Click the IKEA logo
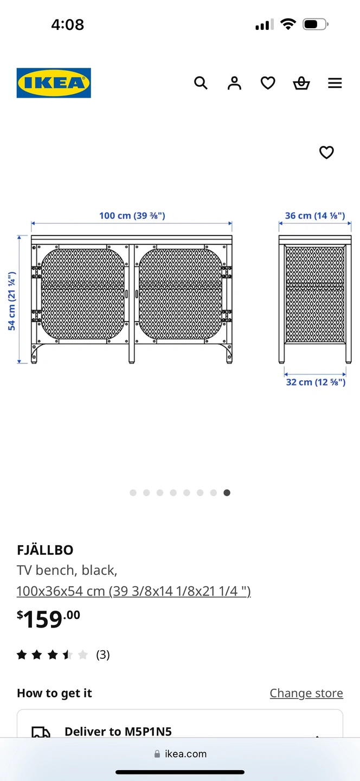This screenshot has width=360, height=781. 54,83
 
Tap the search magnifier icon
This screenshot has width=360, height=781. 201,83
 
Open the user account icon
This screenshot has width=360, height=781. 234,83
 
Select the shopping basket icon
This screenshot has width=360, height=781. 301,83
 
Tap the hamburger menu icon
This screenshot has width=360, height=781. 335,83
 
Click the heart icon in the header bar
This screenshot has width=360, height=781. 268,83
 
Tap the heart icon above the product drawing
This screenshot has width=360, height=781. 326,152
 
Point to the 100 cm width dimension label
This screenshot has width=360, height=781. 132,215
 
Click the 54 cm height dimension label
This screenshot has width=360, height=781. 12,301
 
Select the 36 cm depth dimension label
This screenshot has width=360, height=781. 315,215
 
